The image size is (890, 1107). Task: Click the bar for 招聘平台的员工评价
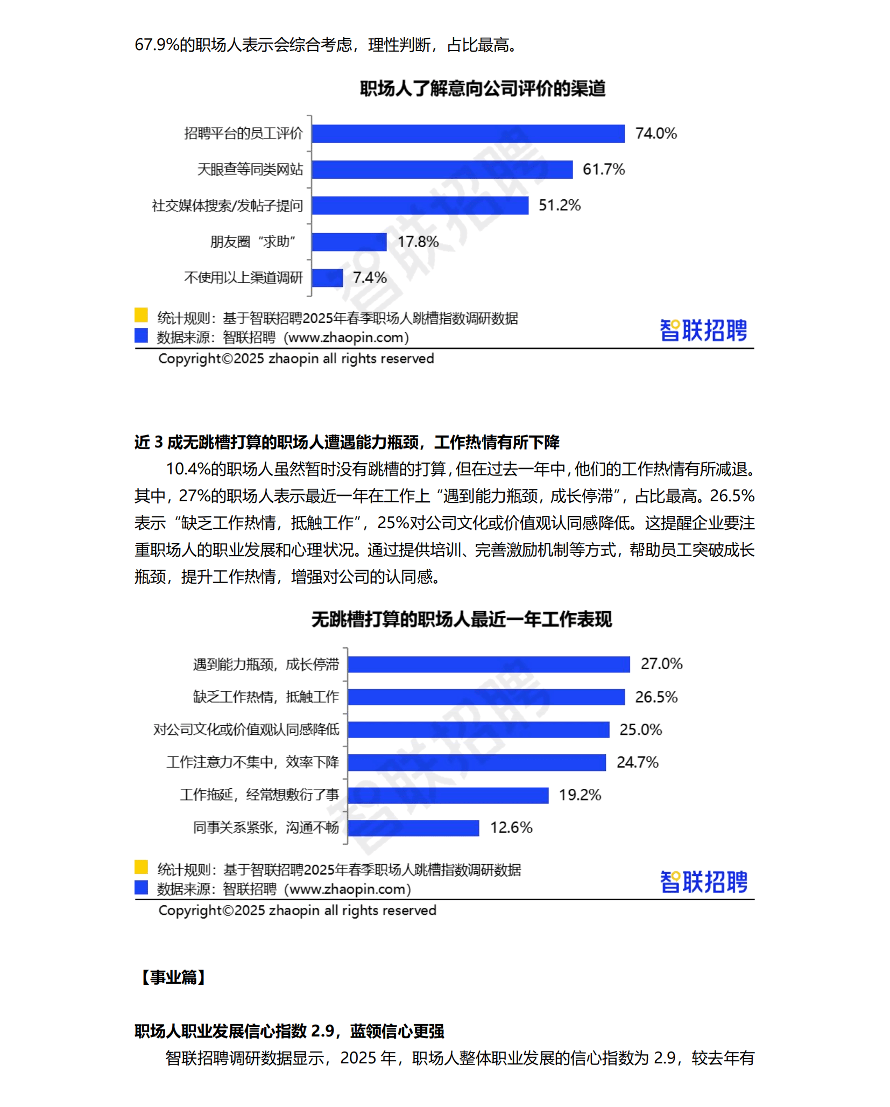pyautogui.click(x=468, y=134)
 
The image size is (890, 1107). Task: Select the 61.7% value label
pyautogui.click(x=603, y=170)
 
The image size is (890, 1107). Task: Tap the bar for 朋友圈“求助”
pyautogui.click(x=349, y=242)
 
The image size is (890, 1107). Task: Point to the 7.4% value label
pyautogui.click(x=370, y=278)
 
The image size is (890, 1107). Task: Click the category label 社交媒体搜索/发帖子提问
pyautogui.click(x=227, y=206)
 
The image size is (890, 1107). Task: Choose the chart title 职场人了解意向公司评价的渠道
pyautogui.click(x=482, y=88)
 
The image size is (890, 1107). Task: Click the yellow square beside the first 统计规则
pyautogui.click(x=141, y=315)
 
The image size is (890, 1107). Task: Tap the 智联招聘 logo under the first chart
pyautogui.click(x=703, y=330)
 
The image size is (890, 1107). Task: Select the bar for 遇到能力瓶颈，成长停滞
pyautogui.click(x=488, y=664)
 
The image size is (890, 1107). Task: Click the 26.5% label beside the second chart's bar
pyautogui.click(x=656, y=697)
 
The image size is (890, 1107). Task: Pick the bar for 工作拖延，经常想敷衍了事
pyautogui.click(x=448, y=795)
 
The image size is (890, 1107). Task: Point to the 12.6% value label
pyautogui.click(x=511, y=828)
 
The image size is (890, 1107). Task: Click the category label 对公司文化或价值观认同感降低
pyautogui.click(x=246, y=730)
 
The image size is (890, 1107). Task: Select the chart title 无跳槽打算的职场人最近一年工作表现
pyautogui.click(x=461, y=619)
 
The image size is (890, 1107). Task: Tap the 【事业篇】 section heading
pyautogui.click(x=173, y=977)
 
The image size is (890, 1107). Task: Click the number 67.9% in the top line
pyautogui.click(x=157, y=45)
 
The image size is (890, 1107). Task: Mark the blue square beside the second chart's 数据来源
pyautogui.click(x=141, y=887)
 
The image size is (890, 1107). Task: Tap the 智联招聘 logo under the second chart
pyautogui.click(x=703, y=882)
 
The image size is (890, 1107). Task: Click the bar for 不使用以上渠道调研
pyautogui.click(x=327, y=278)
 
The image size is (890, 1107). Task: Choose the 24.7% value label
pyautogui.click(x=637, y=762)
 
